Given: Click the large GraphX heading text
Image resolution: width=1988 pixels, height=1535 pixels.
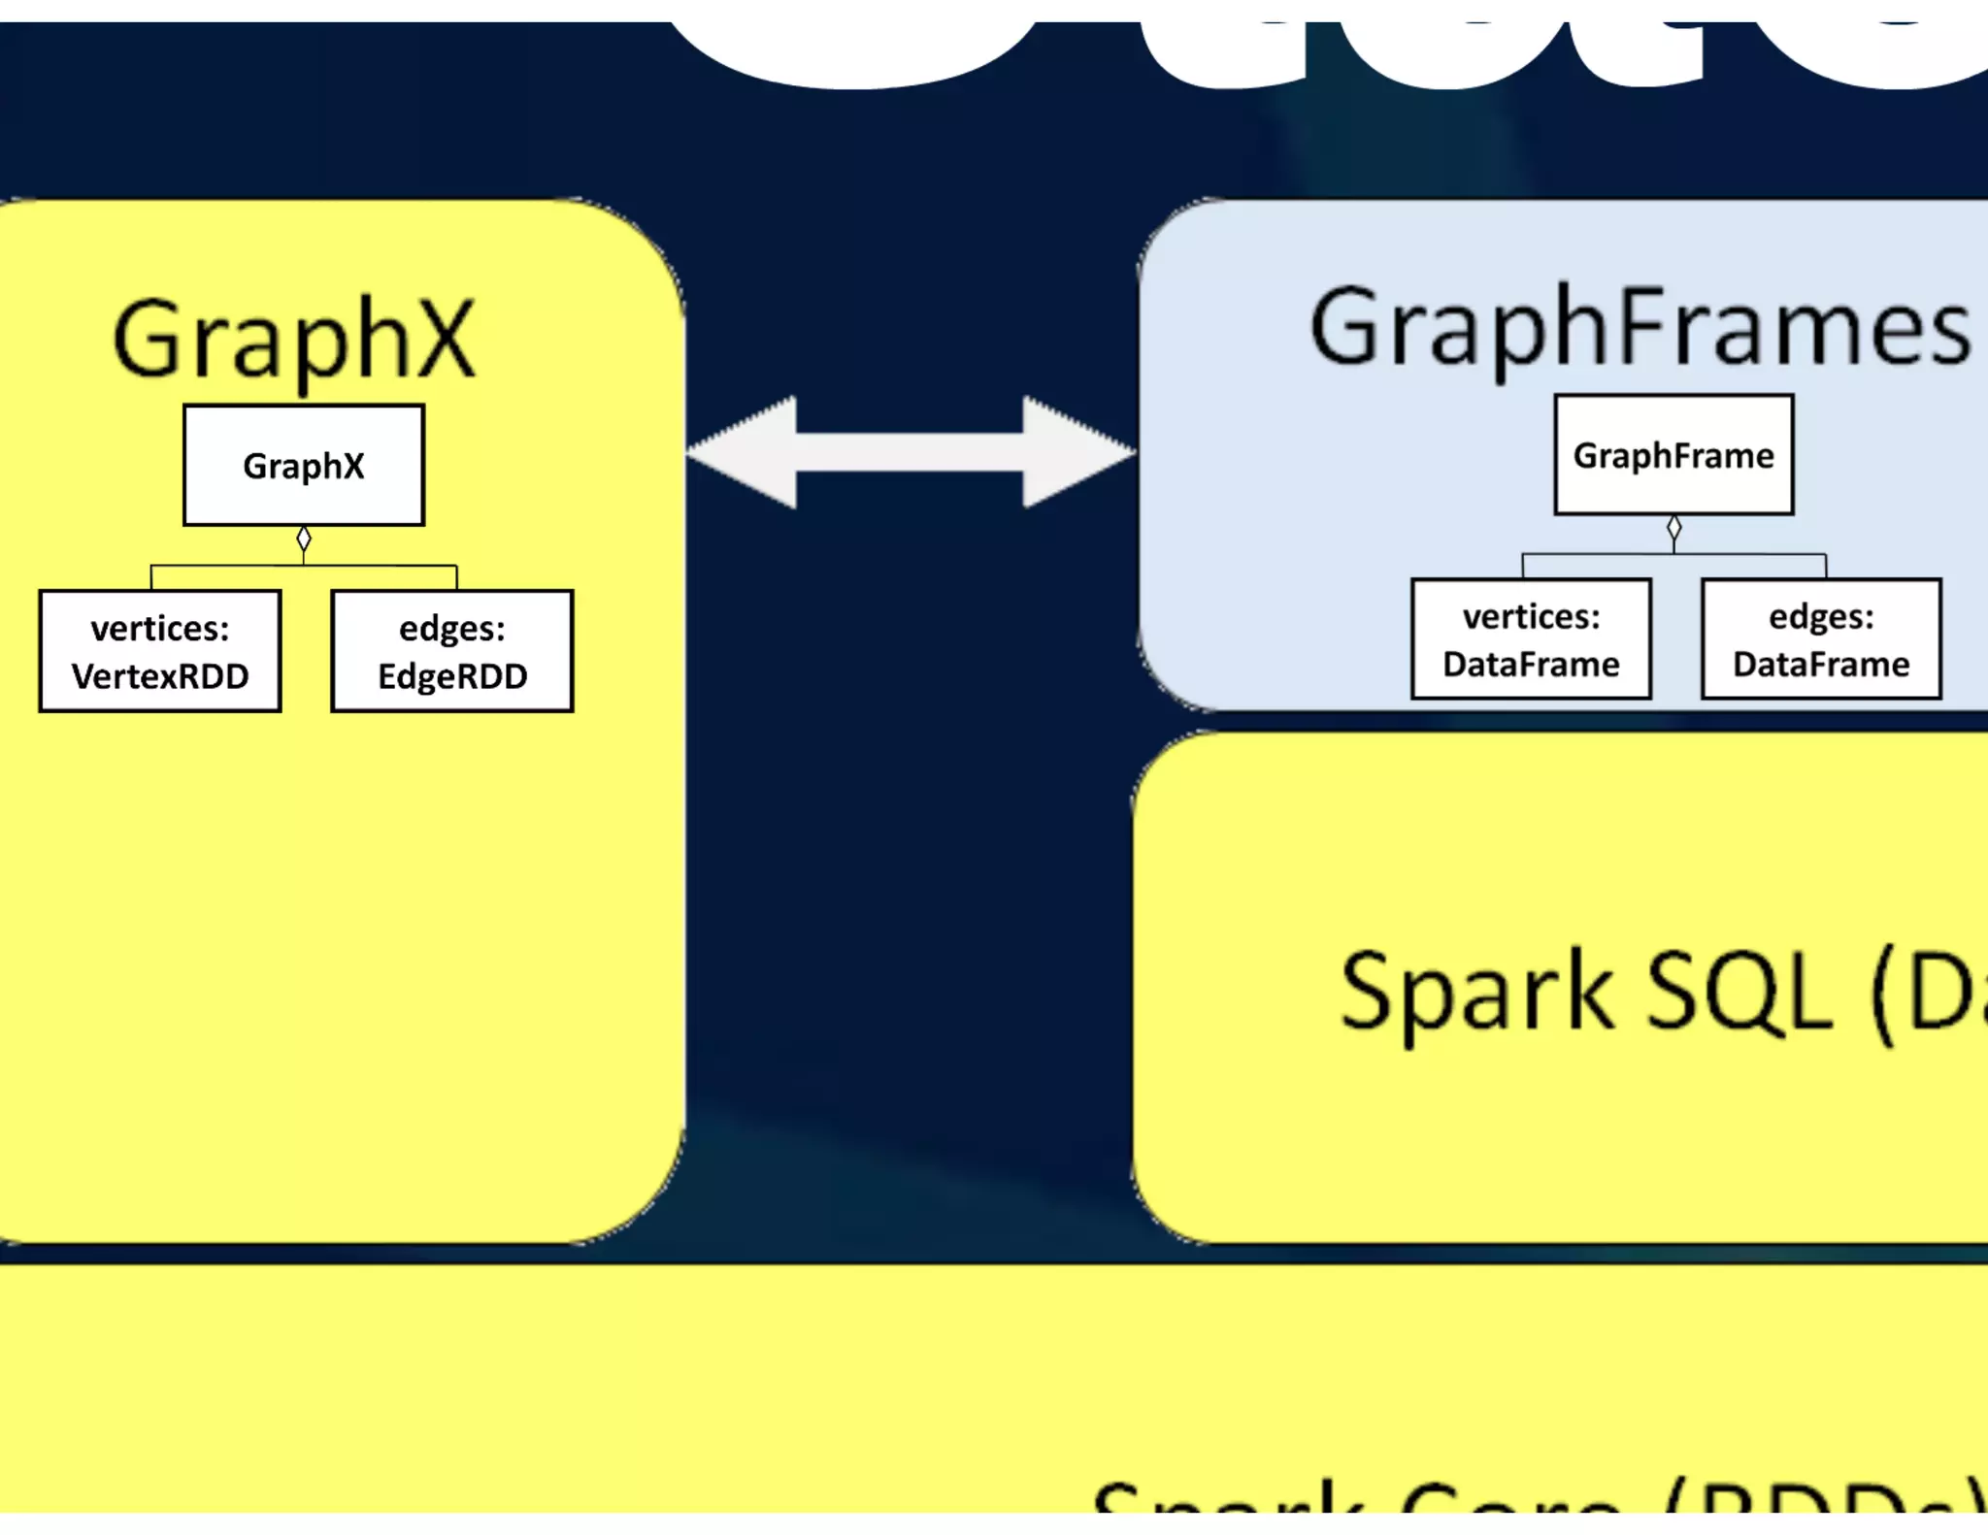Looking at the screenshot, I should click(x=294, y=338).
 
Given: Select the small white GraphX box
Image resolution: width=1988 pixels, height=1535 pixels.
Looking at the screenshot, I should click(x=304, y=465).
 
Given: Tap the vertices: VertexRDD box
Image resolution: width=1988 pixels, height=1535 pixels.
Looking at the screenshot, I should click(x=160, y=651).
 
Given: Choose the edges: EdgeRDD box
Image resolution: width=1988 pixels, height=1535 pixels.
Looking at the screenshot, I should click(x=452, y=651).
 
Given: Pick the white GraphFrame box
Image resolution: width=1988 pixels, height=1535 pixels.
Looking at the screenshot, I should click(x=1673, y=454).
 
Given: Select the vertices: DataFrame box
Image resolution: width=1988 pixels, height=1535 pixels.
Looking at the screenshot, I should click(x=1531, y=639).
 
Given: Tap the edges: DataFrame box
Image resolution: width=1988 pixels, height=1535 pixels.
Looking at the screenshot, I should click(x=1821, y=639).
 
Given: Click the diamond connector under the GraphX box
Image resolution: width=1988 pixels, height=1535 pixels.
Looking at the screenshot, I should click(x=304, y=539).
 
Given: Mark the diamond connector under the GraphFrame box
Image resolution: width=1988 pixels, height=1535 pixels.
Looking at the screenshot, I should click(x=1673, y=528).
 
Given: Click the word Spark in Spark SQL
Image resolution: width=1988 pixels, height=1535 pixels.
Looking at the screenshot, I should click(x=1475, y=992).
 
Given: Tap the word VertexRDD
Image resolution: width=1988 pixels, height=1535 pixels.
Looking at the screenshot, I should click(x=160, y=676).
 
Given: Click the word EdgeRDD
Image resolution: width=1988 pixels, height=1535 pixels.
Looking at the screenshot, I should click(x=452, y=676).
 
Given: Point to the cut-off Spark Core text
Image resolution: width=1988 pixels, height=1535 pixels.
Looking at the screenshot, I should click(x=1534, y=1499).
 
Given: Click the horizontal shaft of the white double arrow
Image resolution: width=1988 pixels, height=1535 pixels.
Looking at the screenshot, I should click(x=910, y=452).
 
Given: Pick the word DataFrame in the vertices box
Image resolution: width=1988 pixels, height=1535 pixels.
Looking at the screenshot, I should click(x=1531, y=665).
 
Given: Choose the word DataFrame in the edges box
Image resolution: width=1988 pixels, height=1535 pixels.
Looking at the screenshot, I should click(x=1821, y=665).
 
